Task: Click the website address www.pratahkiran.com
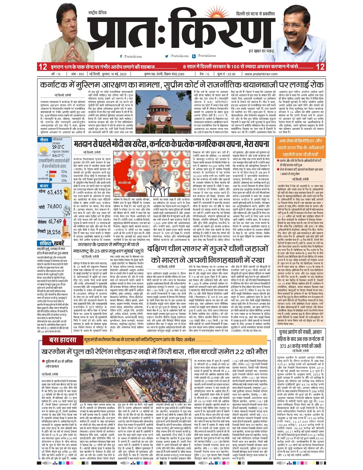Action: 261,74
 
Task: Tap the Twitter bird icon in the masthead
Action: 167,56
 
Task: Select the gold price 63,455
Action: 55,193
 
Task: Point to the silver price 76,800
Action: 54,207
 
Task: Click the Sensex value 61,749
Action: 55,221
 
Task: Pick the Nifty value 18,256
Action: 54,232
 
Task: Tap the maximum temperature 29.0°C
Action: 58,147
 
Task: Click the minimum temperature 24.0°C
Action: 58,156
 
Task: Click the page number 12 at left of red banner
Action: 43,67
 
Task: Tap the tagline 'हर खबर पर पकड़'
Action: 261,51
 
